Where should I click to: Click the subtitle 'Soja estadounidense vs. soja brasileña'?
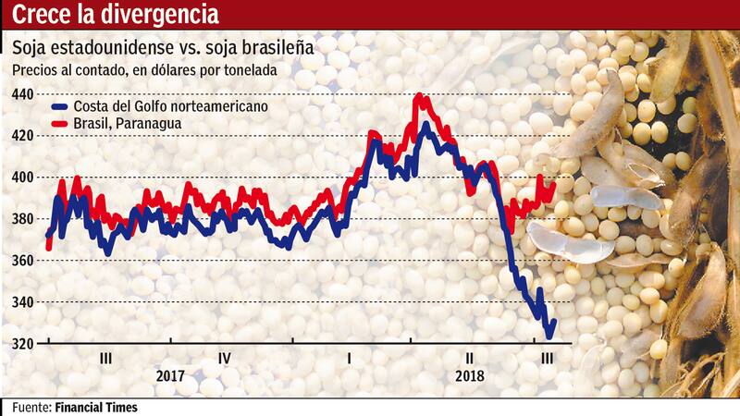(x=161, y=46)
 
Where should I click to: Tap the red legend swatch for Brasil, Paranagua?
(x=62, y=124)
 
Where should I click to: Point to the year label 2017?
(x=170, y=376)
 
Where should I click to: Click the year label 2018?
(x=470, y=376)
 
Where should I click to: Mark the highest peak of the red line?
(x=419, y=94)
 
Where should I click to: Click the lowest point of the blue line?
(x=549, y=336)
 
